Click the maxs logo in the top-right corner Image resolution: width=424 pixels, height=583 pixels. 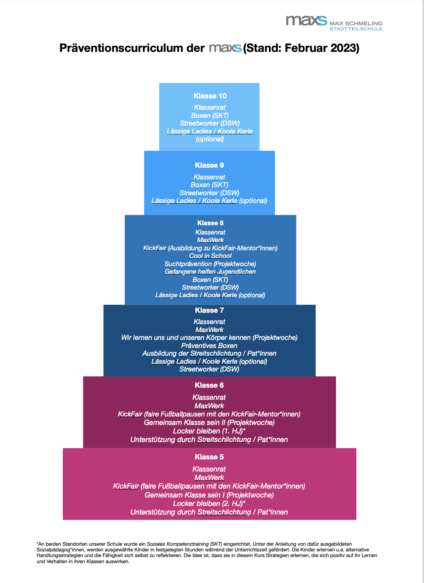click(x=307, y=21)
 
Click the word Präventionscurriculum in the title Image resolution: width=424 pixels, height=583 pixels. click(x=121, y=48)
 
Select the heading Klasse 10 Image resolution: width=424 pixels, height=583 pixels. click(x=210, y=96)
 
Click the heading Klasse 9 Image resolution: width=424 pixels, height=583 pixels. click(x=209, y=165)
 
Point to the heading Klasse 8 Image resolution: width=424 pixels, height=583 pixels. click(x=210, y=223)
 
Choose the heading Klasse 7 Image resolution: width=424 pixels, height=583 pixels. click(x=209, y=310)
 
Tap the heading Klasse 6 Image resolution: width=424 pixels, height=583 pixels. click(x=209, y=385)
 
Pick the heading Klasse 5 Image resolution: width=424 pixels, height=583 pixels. click(x=209, y=457)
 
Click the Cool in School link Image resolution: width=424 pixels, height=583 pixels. click(x=210, y=256)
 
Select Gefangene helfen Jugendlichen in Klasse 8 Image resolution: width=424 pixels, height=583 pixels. click(x=210, y=272)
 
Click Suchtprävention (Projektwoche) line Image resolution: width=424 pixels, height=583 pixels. click(x=210, y=264)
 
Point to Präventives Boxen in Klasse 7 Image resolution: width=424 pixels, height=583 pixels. click(x=209, y=346)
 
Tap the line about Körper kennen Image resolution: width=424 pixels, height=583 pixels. click(x=209, y=337)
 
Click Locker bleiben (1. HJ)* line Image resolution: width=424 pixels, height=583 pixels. click(x=209, y=431)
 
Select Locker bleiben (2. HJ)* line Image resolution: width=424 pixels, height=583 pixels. click(x=209, y=504)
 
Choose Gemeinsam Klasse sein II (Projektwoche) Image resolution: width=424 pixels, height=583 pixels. click(x=209, y=423)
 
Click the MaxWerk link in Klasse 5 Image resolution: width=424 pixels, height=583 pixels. click(x=209, y=478)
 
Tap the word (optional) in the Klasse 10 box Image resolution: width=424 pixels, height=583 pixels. click(x=210, y=139)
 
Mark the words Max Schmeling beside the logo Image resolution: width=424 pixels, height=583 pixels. click(x=356, y=23)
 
